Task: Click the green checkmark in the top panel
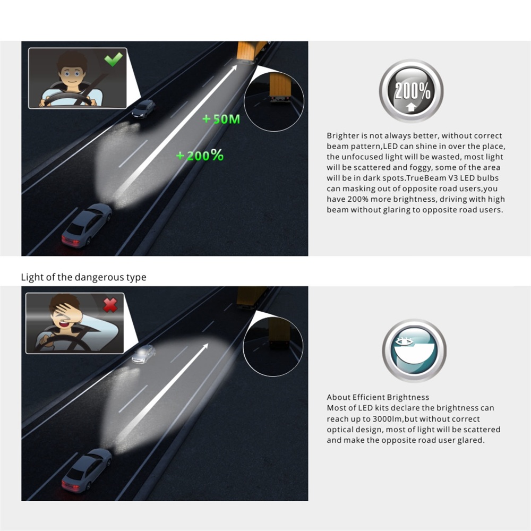click(114, 59)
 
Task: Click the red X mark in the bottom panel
click(110, 305)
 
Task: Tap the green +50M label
click(221, 119)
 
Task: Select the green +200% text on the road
click(200, 156)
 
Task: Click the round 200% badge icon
click(411, 91)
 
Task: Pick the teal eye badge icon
click(414, 350)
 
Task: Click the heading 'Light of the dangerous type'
click(84, 277)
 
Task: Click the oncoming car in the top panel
click(143, 109)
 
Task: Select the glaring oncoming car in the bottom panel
click(143, 354)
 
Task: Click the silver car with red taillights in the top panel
click(87, 225)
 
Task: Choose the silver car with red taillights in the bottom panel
click(87, 470)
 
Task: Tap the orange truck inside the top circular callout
click(280, 88)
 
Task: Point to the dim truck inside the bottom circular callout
click(279, 332)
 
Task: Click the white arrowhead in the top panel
click(233, 69)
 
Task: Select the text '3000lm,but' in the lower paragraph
click(395, 419)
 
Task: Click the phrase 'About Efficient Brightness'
click(378, 397)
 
